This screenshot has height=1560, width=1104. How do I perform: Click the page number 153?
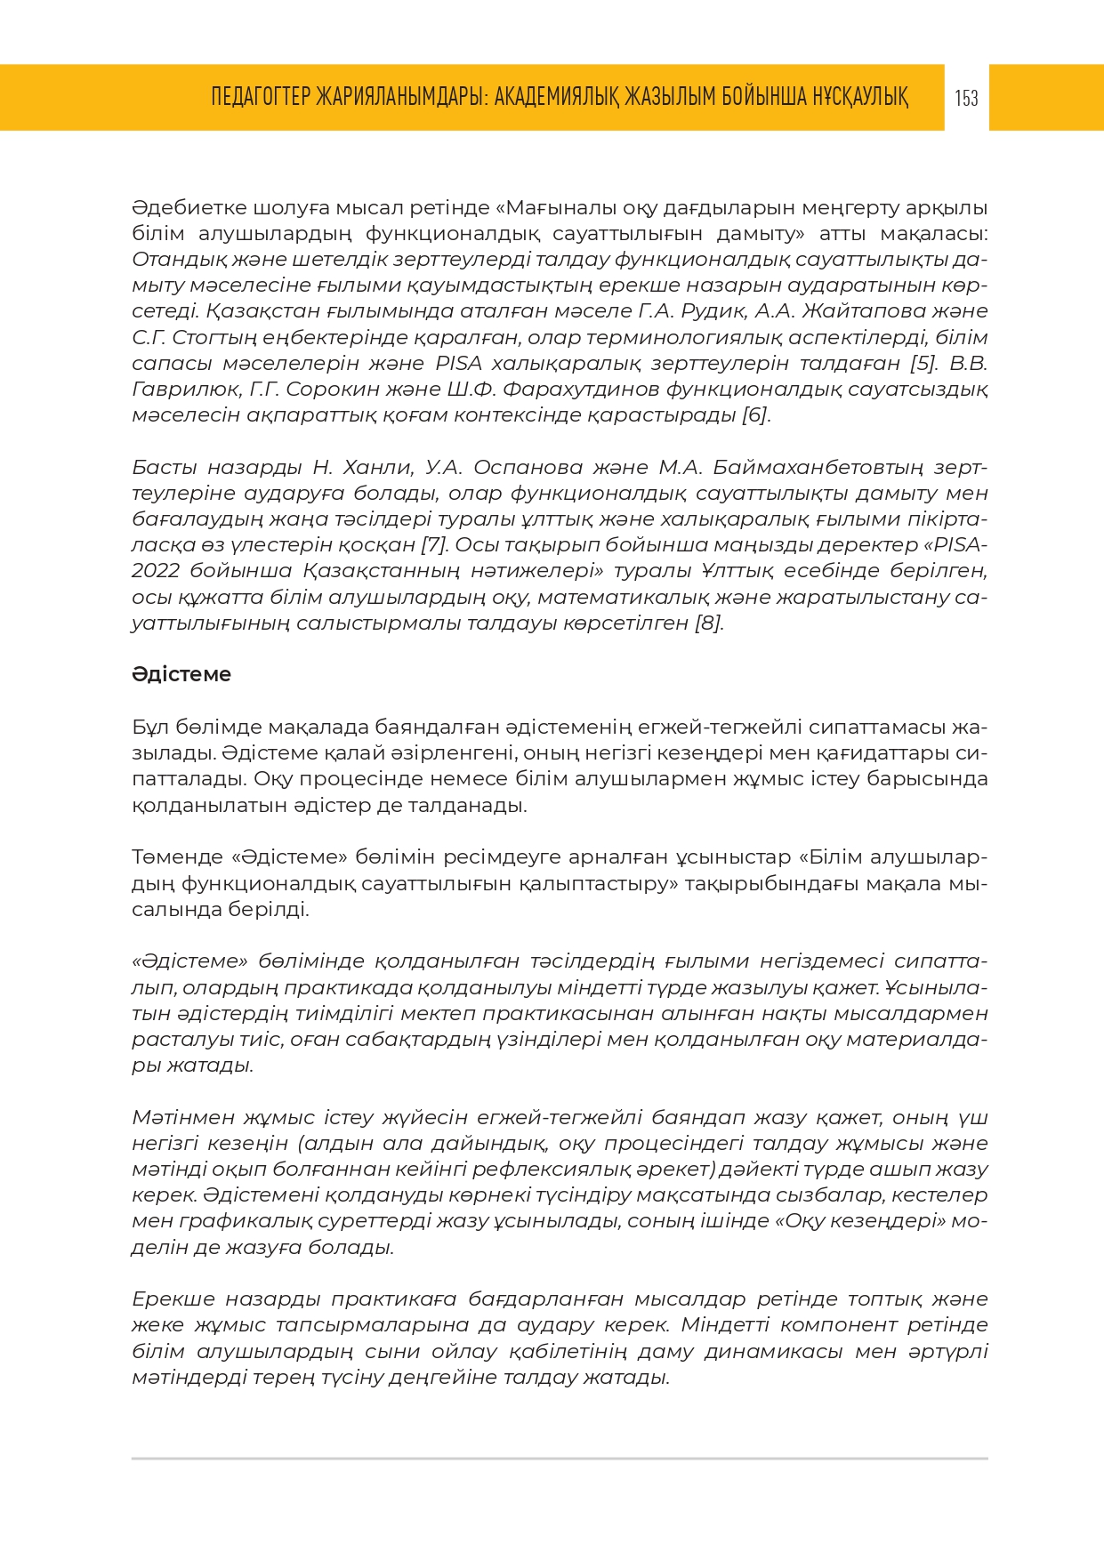point(966,98)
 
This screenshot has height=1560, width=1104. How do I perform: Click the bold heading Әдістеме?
point(181,674)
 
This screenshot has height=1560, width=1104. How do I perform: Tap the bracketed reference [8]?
point(709,623)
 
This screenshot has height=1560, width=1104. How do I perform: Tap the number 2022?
point(155,571)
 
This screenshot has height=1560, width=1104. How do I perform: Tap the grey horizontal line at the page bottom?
point(560,1459)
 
